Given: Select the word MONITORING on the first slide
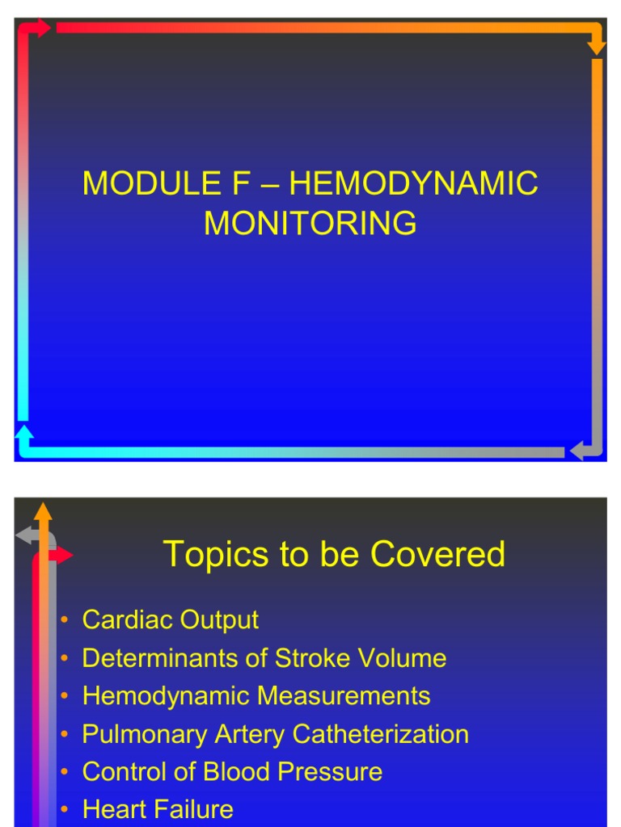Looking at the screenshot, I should point(310,223).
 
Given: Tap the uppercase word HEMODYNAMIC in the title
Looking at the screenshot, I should point(413,184).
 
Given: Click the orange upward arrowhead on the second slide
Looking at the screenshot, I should point(44,510).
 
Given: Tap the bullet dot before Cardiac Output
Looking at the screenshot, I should point(63,621).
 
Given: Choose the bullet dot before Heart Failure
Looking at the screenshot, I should point(63,810).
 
